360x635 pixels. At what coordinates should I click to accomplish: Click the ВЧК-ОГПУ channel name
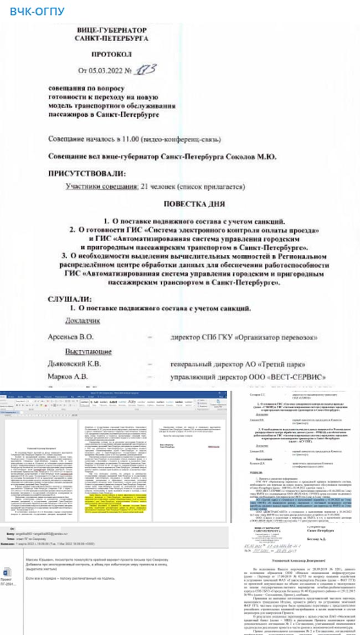click(37, 11)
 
